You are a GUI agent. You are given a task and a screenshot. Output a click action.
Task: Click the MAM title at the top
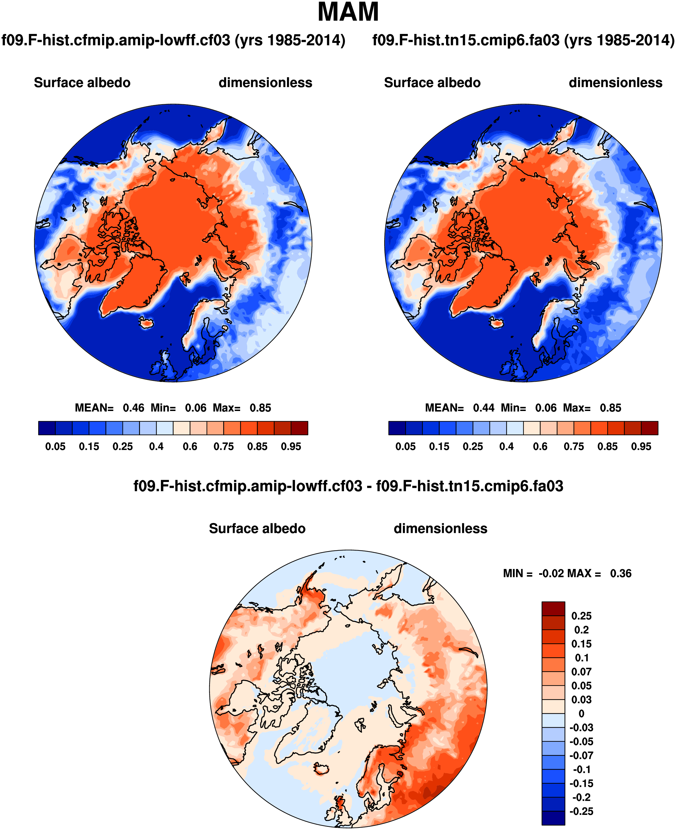click(x=348, y=12)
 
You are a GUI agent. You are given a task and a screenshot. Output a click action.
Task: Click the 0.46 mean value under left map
click(x=133, y=408)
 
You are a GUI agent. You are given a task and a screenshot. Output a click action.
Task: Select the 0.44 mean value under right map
click(x=484, y=408)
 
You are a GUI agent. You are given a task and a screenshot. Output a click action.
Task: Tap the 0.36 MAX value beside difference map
click(x=621, y=574)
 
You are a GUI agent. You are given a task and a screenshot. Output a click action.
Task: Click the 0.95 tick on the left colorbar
click(x=291, y=446)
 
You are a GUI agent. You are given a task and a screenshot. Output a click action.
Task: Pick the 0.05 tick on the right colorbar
click(x=405, y=446)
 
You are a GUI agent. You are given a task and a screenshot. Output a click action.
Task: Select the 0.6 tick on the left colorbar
click(x=190, y=446)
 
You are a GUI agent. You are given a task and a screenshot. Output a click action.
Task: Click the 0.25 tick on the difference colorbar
click(x=581, y=616)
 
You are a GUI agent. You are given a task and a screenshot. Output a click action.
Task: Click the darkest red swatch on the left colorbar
click(x=299, y=428)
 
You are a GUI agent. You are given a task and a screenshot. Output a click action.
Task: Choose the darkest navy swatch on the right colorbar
click(x=397, y=428)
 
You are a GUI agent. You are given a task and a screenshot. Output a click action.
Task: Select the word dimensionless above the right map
click(x=615, y=83)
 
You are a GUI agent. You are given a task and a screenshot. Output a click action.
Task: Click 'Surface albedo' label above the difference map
click(x=257, y=529)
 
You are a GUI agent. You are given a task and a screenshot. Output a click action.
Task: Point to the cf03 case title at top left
click(x=173, y=40)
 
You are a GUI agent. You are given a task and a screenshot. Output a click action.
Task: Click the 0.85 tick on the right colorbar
click(x=608, y=446)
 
